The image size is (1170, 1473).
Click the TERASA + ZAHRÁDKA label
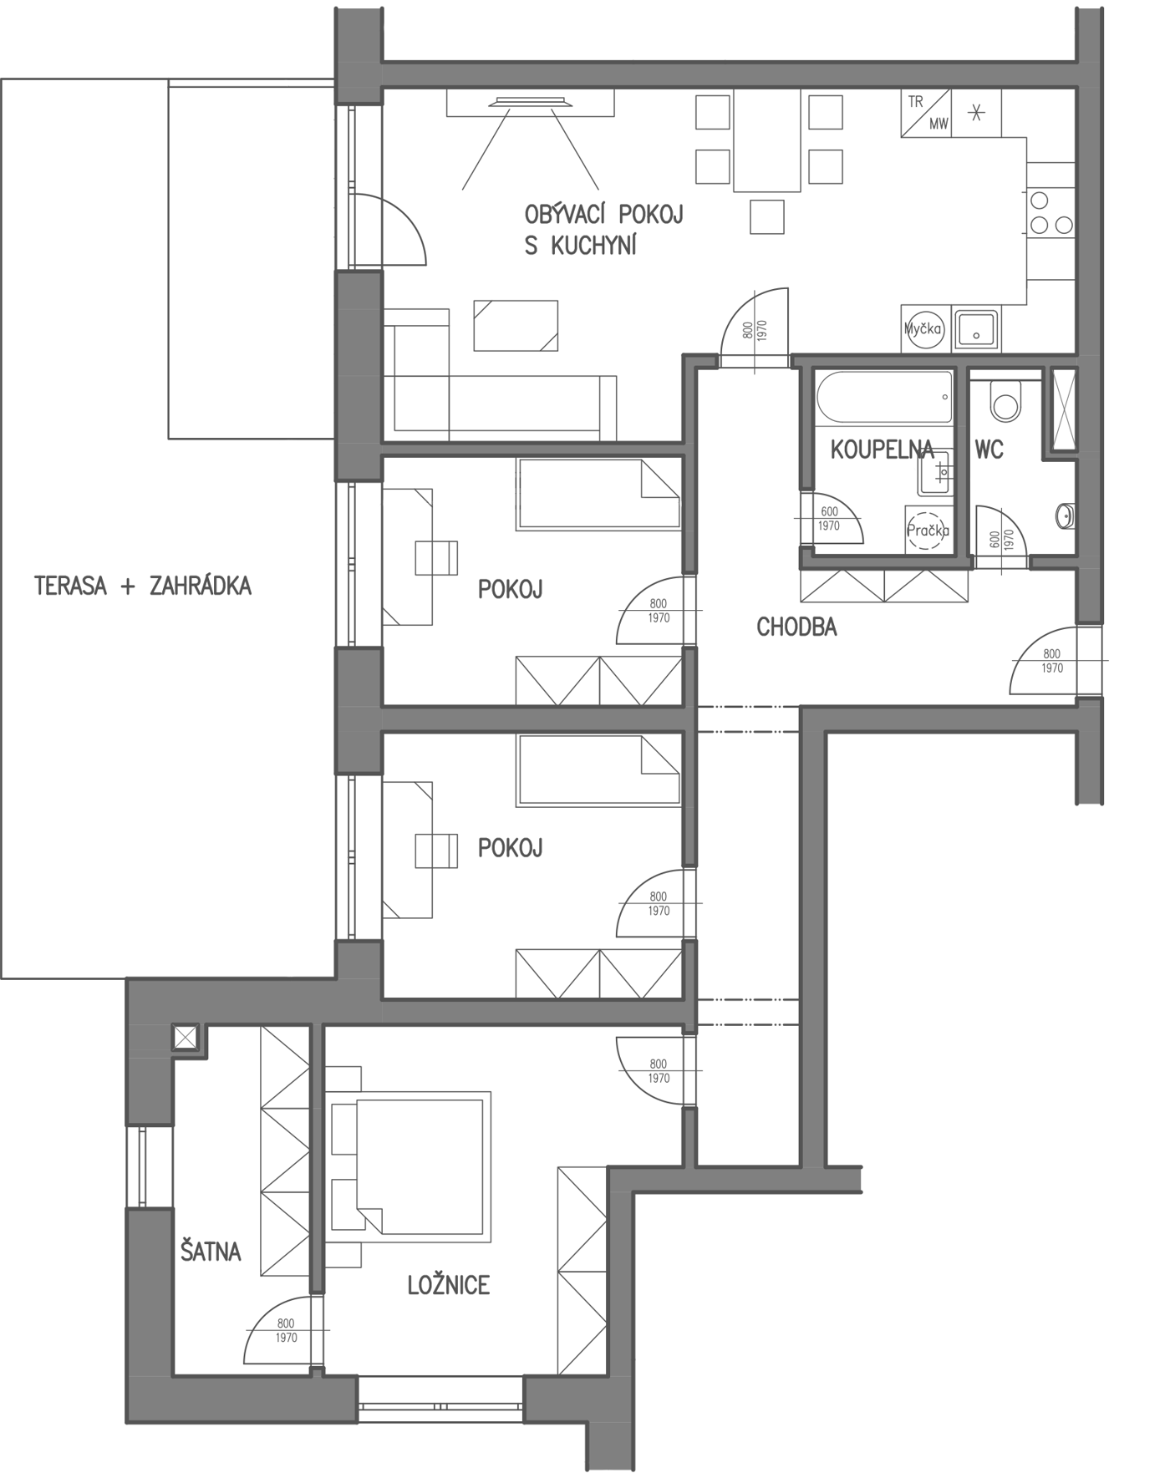point(143,587)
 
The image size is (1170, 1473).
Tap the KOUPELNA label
point(882,450)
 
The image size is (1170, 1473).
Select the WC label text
point(989,450)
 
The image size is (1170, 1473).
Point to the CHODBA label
point(796,627)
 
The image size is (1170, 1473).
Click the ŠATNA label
point(211,1251)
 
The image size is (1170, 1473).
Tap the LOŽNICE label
point(449,1285)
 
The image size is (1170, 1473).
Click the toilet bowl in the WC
point(1005,400)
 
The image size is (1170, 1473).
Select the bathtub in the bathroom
point(884,398)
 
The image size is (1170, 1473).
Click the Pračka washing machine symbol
point(928,529)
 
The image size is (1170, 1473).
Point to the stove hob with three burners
point(1050,212)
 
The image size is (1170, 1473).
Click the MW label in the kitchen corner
point(939,124)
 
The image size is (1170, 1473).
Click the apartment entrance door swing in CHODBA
point(1044,661)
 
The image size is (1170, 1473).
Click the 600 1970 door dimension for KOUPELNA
point(829,519)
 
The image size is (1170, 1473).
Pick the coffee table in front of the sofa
point(516,326)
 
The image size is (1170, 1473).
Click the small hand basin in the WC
point(1066,516)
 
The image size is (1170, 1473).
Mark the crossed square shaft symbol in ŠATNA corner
point(185,1038)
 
